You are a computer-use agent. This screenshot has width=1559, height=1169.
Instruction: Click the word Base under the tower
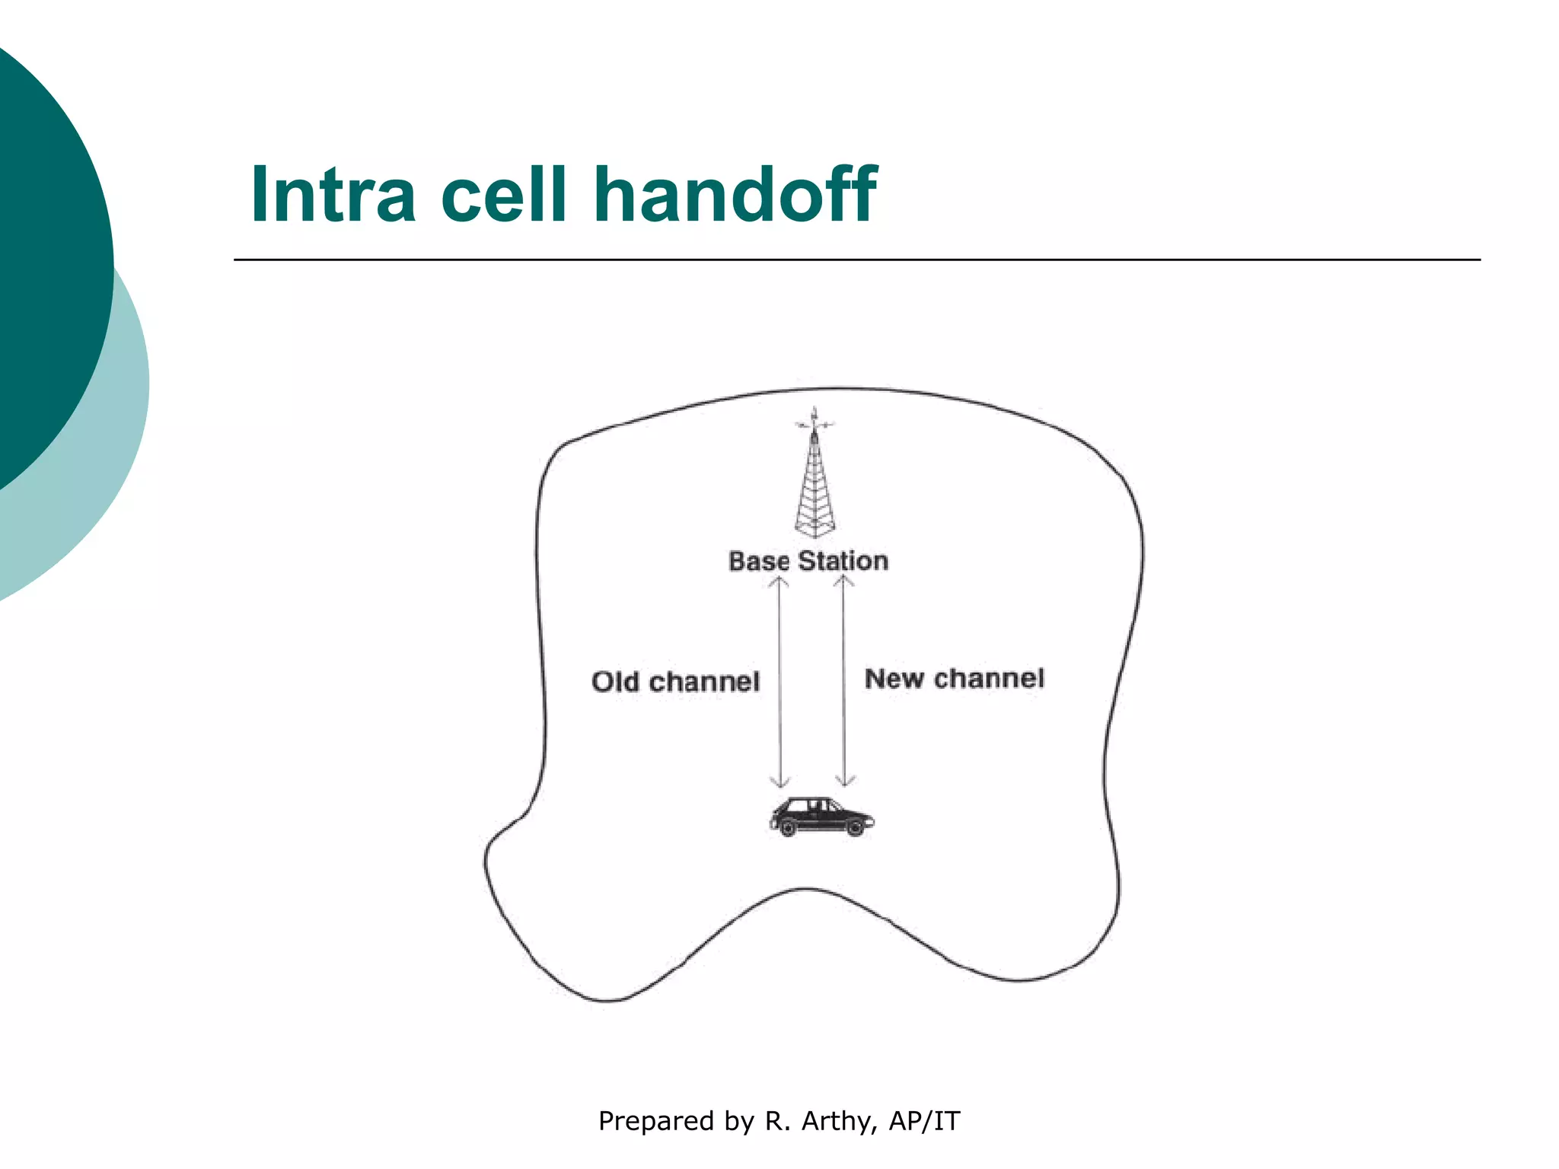click(759, 562)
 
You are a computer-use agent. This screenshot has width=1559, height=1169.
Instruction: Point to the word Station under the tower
click(843, 562)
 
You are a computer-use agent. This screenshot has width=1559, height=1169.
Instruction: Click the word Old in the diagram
click(615, 681)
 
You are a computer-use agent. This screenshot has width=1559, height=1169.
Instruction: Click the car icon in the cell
click(821, 817)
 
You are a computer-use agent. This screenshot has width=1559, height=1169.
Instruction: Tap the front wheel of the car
click(855, 827)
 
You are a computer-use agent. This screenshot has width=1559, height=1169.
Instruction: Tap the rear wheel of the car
click(788, 827)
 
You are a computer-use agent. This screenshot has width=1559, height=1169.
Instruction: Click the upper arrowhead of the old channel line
click(778, 581)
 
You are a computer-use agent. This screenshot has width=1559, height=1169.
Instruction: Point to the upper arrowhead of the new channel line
click(843, 581)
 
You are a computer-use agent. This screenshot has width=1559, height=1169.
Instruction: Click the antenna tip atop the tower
click(815, 411)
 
